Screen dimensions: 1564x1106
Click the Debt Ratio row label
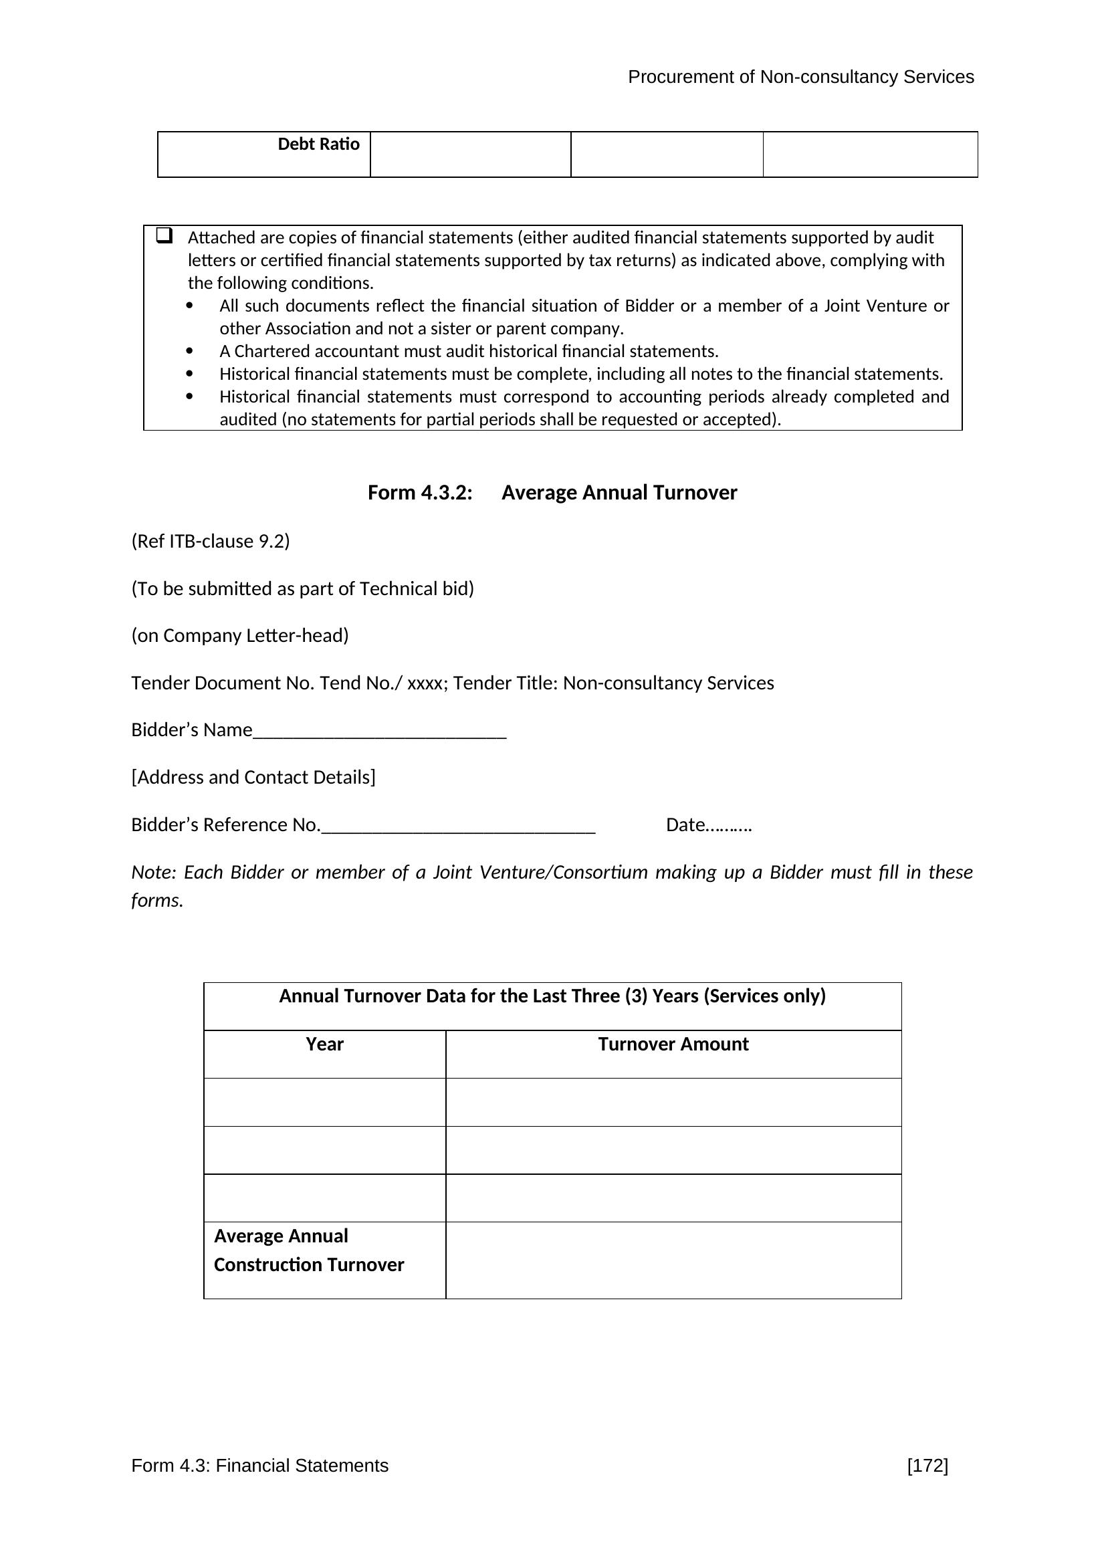[x=318, y=144]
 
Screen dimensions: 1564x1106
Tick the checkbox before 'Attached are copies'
[x=164, y=235]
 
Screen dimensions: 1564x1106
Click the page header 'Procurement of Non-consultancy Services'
[x=800, y=77]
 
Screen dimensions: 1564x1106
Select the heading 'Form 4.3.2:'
[x=419, y=493]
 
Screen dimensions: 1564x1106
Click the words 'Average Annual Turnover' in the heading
[x=619, y=493]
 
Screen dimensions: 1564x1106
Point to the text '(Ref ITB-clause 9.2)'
[x=211, y=541]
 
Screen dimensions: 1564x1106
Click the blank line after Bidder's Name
[x=379, y=732]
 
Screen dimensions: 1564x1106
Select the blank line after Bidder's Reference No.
[x=457, y=826]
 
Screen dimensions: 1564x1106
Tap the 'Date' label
[x=685, y=825]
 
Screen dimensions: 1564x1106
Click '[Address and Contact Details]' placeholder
[x=253, y=777]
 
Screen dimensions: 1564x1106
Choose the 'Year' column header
[x=324, y=1044]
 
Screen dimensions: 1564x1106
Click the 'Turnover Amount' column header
[x=673, y=1044]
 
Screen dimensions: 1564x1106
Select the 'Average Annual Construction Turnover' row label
[x=308, y=1250]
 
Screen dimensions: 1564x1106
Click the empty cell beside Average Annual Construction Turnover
[x=673, y=1260]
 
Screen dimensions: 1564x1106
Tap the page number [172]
[x=927, y=1465]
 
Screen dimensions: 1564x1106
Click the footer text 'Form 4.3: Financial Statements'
[x=259, y=1465]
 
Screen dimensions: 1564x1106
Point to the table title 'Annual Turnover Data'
[x=552, y=996]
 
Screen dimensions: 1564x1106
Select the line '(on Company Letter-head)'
[x=240, y=635]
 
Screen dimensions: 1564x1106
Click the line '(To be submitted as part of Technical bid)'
[x=302, y=588]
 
